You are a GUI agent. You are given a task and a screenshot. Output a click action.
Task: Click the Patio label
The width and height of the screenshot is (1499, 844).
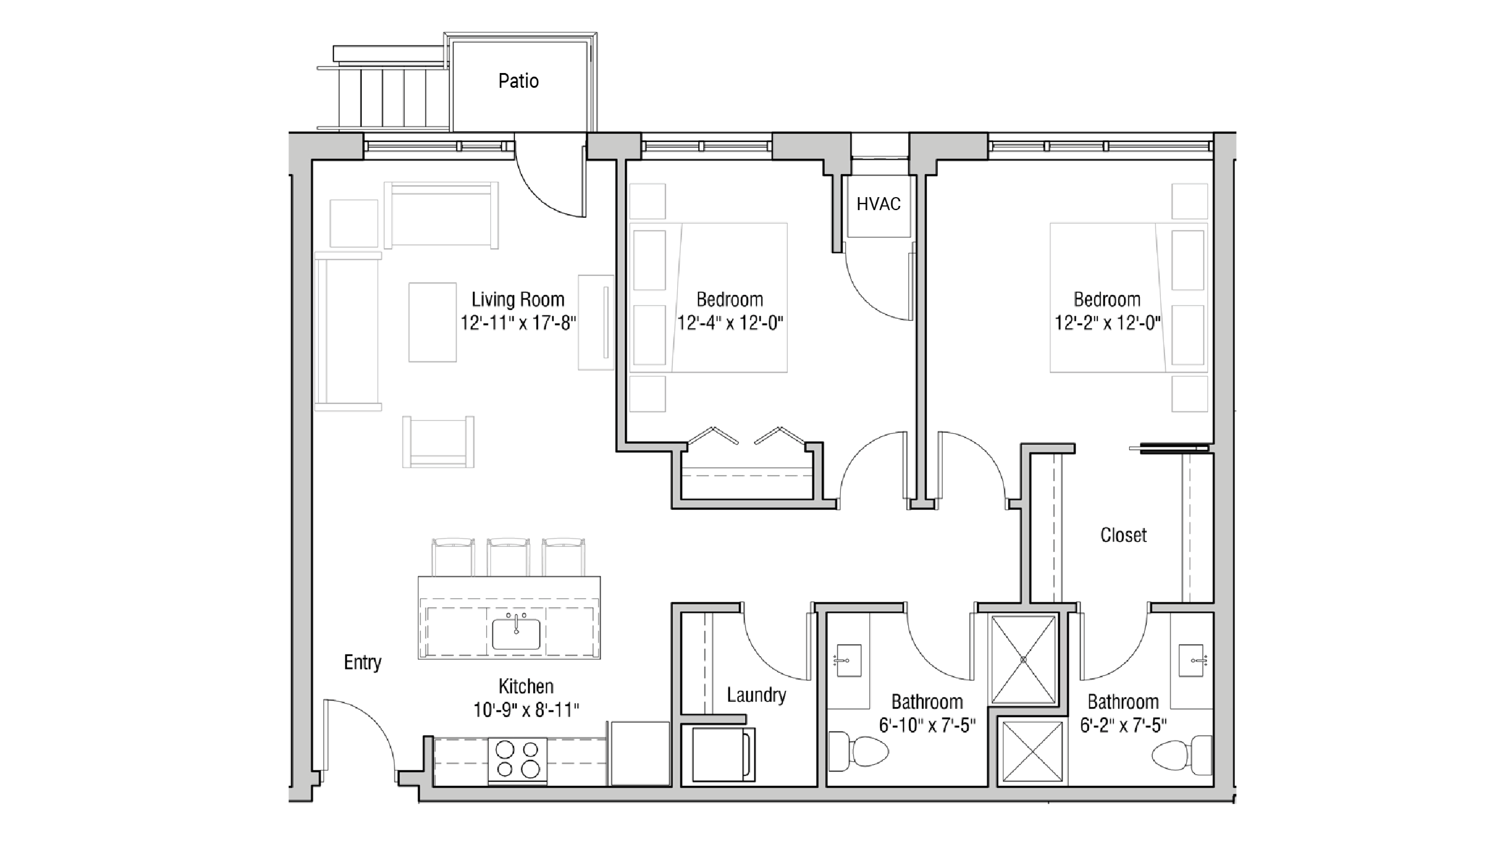[x=518, y=81]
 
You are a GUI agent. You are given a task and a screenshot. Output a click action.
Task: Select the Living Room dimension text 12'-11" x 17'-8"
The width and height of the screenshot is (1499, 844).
[x=518, y=323]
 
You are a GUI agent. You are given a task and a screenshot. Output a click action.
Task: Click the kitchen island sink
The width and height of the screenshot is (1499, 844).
[x=516, y=633]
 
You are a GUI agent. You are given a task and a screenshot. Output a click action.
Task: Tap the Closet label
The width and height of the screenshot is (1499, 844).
[x=1123, y=535]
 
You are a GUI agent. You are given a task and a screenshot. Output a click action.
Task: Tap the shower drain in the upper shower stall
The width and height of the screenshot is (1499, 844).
[x=1023, y=659]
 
